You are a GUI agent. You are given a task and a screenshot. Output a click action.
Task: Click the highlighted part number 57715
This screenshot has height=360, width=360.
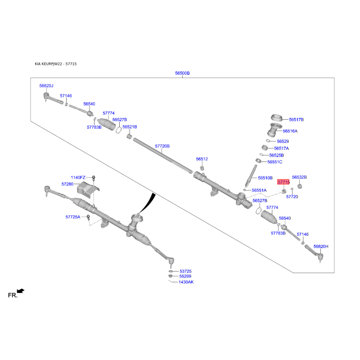click(283, 182)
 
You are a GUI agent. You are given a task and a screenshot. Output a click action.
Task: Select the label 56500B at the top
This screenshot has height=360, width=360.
click(182, 73)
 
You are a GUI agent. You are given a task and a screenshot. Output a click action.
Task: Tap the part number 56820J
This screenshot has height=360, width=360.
click(46, 85)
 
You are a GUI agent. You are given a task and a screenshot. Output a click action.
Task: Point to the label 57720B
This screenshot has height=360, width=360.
click(162, 146)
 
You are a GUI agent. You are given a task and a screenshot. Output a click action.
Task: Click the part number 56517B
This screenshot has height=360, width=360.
click(297, 120)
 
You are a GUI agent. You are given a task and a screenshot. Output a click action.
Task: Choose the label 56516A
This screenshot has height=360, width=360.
click(290, 131)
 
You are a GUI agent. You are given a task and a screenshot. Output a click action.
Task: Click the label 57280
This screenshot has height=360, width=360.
click(67, 184)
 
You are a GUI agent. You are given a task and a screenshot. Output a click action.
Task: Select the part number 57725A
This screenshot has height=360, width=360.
click(72, 217)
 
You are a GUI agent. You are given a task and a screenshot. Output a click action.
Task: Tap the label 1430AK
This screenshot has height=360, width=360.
click(186, 282)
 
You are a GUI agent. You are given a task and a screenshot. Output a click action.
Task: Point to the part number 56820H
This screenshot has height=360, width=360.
click(321, 247)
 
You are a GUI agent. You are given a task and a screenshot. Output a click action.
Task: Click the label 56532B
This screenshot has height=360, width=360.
click(299, 177)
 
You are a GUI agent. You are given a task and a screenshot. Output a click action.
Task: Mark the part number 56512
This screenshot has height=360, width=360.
click(202, 159)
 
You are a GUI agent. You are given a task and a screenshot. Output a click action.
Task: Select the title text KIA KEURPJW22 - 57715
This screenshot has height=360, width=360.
click(56, 64)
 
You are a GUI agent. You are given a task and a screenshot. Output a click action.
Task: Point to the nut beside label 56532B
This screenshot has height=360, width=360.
click(300, 186)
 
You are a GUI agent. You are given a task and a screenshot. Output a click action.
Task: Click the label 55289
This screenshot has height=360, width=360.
click(185, 276)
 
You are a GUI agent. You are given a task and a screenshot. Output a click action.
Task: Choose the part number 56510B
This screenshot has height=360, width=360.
click(265, 178)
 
